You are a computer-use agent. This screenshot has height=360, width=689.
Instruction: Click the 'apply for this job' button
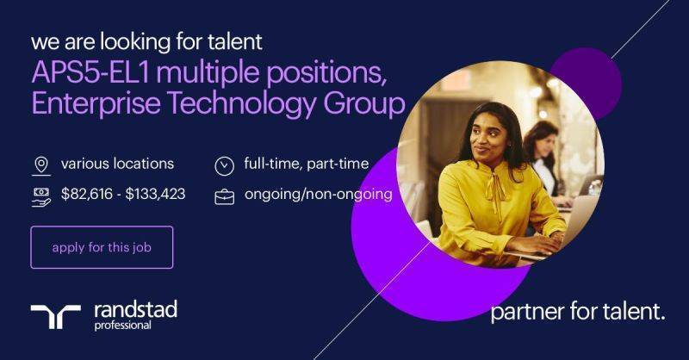pos(102,247)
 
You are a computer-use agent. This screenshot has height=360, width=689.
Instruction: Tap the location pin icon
pos(41,166)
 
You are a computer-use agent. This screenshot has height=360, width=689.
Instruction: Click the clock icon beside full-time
pos(224,166)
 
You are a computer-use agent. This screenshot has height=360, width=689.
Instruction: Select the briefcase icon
pos(224,196)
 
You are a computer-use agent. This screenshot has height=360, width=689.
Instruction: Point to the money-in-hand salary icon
pos(41,196)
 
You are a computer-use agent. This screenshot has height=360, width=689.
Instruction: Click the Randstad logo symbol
pos(55,316)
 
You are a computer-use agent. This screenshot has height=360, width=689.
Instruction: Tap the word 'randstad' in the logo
pos(136,310)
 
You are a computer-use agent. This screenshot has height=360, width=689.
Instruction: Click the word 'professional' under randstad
pos(122,326)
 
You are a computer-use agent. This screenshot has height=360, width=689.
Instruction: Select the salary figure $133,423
pos(155,194)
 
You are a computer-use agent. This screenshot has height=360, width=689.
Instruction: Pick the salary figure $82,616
pos(87,194)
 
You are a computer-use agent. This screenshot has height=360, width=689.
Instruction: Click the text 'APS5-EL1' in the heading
pos(91,72)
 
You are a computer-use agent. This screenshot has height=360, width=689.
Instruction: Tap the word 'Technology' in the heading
pos(241,104)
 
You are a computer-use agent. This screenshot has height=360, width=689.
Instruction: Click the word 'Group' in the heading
pos(363,105)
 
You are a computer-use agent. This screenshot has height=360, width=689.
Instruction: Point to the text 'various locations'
pos(117,164)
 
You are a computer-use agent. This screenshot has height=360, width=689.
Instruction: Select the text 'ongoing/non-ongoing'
pos(318,195)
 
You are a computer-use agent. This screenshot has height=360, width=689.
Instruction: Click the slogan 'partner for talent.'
pos(577,312)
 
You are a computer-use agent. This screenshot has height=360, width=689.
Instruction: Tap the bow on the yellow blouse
pos(496,192)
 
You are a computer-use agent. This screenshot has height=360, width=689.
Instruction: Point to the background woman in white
pos(544,158)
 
